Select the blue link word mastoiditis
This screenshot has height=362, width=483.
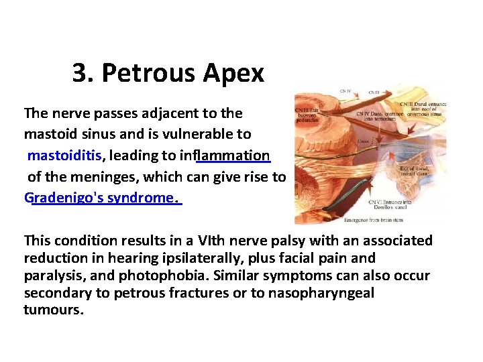point(65,156)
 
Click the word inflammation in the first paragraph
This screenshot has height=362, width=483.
point(225,156)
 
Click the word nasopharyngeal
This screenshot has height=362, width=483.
point(321,293)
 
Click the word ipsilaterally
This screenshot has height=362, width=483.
point(192,258)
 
